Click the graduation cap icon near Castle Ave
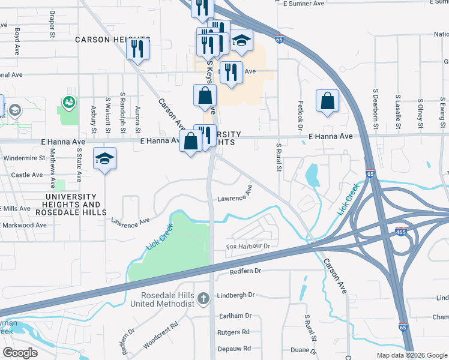(104, 159)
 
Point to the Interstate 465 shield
(400, 232)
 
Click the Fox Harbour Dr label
(249, 246)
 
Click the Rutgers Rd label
(234, 332)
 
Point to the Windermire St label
(25, 158)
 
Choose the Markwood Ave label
(25, 225)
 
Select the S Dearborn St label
(375, 109)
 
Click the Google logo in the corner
(20, 352)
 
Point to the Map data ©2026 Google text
(411, 355)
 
